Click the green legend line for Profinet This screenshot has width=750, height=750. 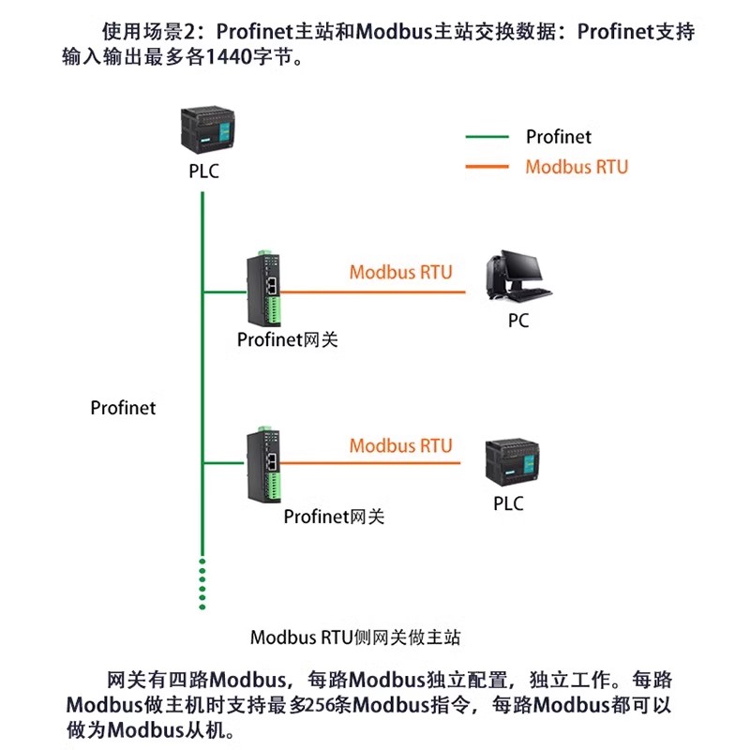tap(487, 137)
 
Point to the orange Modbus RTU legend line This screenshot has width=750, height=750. tap(487, 167)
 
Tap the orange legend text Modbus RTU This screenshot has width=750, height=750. tap(577, 167)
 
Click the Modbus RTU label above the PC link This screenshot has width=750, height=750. tap(400, 272)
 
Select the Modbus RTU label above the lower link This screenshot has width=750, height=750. tap(400, 445)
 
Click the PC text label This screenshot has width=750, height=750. tap(518, 321)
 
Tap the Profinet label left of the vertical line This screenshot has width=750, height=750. tap(123, 408)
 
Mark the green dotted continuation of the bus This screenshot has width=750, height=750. tap(202, 583)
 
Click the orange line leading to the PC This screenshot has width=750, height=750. tap(375, 292)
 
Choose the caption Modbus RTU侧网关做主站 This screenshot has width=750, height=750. tap(355, 637)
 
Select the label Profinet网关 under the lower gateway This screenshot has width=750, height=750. tap(334, 516)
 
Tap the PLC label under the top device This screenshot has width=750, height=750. tap(203, 172)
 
